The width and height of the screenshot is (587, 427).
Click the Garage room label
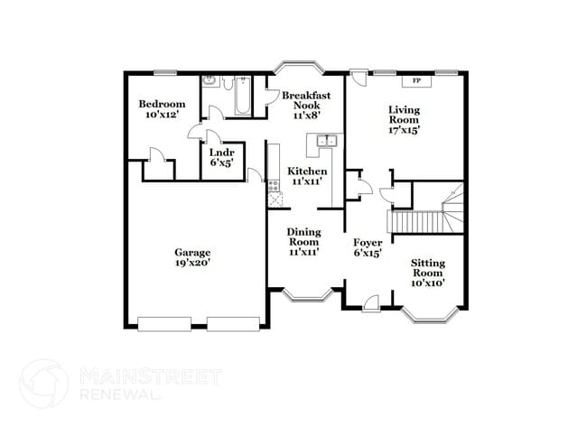(192, 253)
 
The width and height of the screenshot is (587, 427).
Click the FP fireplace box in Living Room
(416, 81)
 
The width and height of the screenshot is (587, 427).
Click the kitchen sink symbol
(326, 140)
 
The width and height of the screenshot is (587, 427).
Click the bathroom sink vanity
(210, 82)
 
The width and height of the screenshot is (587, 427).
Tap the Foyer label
(368, 243)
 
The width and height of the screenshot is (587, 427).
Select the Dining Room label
(304, 237)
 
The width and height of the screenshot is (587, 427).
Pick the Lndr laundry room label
(222, 153)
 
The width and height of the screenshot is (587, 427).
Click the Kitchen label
(307, 172)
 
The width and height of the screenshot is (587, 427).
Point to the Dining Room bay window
(305, 295)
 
